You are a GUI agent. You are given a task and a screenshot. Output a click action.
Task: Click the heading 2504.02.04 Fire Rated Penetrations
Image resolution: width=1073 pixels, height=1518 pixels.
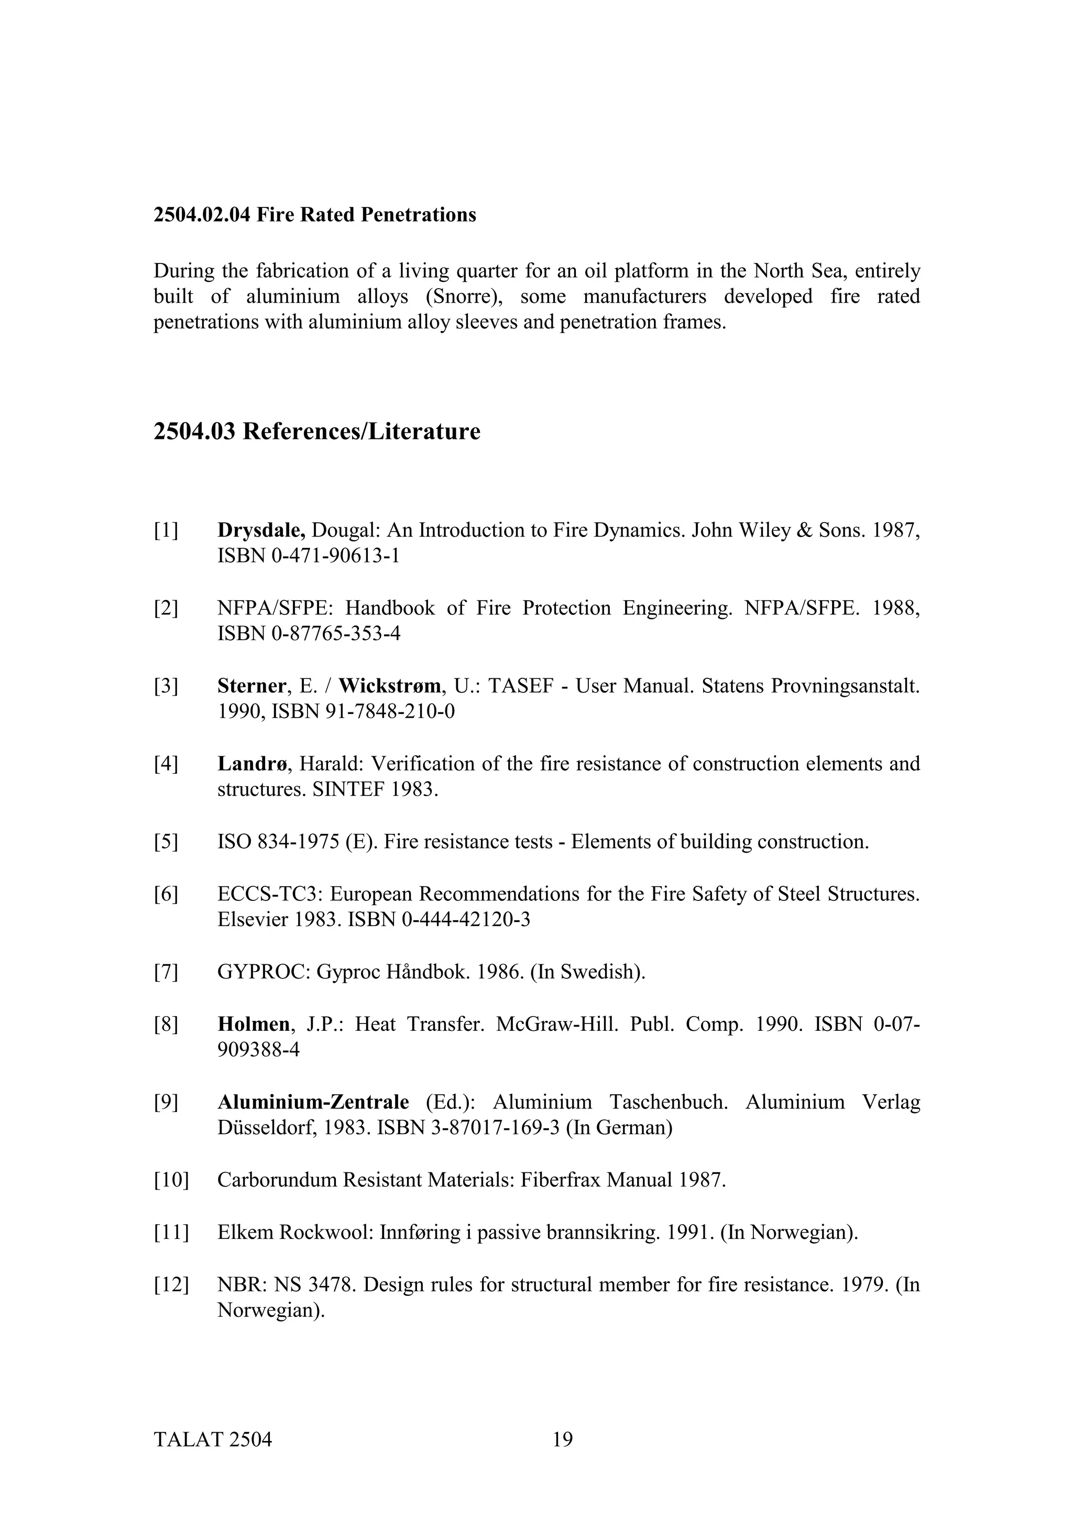click(315, 215)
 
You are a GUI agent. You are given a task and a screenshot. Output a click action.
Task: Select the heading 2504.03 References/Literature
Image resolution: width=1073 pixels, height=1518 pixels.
click(316, 432)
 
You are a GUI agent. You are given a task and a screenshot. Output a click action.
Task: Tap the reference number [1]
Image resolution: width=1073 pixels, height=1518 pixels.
click(166, 530)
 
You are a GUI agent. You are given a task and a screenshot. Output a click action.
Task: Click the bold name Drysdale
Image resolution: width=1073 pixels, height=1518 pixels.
click(260, 530)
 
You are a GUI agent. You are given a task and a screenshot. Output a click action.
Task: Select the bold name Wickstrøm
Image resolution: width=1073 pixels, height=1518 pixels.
click(390, 686)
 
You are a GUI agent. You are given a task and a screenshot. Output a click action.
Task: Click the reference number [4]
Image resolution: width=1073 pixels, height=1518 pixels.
click(166, 764)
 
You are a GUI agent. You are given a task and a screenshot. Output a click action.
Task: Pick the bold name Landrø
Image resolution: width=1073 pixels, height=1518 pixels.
click(253, 764)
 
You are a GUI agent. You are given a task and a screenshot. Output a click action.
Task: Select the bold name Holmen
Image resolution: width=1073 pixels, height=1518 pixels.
click(253, 1025)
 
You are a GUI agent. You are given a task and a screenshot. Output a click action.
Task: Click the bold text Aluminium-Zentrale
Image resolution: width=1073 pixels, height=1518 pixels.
click(313, 1103)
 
